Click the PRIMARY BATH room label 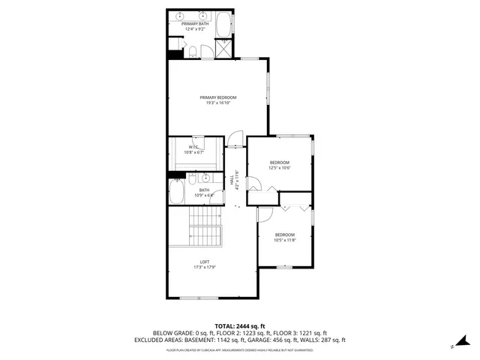click(x=195, y=24)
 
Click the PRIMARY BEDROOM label click(x=217, y=97)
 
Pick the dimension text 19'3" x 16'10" click(x=217, y=103)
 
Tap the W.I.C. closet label click(x=193, y=147)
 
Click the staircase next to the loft click(x=205, y=225)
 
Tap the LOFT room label click(x=204, y=262)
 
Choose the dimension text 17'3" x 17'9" click(x=204, y=268)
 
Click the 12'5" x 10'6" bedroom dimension click(x=280, y=168)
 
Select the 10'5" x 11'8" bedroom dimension click(x=285, y=240)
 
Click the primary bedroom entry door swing click(x=235, y=138)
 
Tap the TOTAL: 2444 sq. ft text click(x=240, y=326)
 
